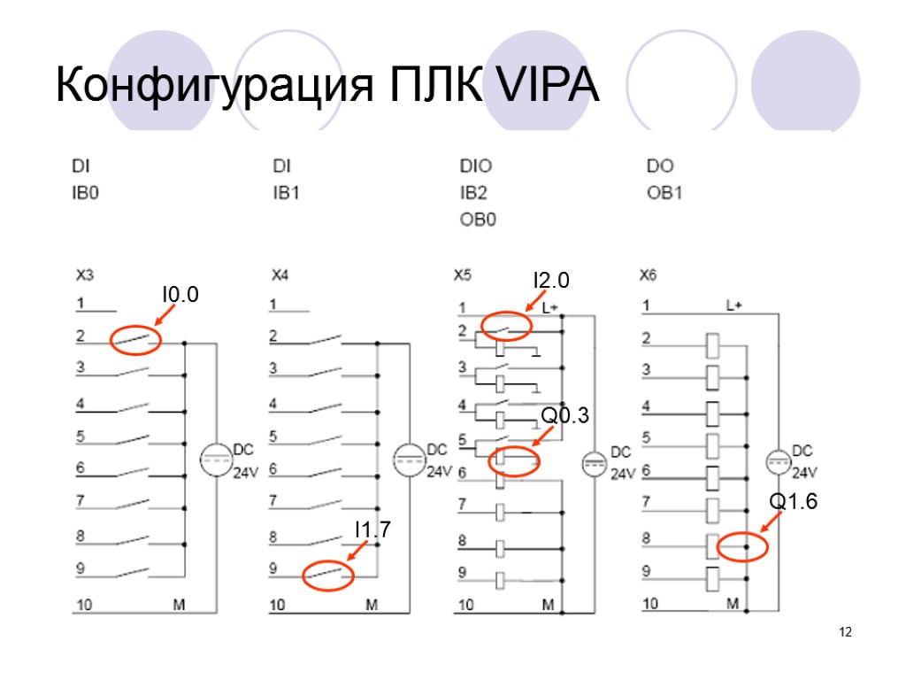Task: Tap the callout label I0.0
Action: [180, 294]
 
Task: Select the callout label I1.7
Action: [372, 529]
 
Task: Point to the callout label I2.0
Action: [549, 282]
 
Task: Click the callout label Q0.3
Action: [564, 415]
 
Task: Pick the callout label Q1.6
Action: [792, 502]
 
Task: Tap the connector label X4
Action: [280, 275]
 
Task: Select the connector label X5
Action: [462, 275]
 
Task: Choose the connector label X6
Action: [649, 275]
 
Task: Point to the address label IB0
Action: [86, 192]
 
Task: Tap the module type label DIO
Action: [476, 166]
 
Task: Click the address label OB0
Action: [478, 219]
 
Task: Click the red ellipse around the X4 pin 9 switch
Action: [328, 576]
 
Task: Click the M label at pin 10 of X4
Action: [372, 606]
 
